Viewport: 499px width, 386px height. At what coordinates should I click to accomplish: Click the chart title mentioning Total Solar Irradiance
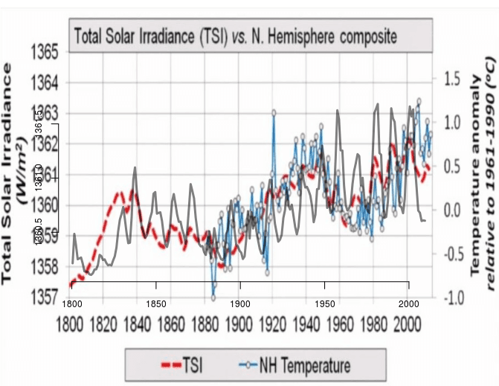click(x=234, y=35)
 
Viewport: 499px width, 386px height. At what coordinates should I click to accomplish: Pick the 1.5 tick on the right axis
click(x=454, y=78)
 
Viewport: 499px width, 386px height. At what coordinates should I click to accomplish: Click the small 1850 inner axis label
click(x=155, y=304)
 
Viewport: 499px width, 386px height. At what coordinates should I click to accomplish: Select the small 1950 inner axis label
click(x=324, y=304)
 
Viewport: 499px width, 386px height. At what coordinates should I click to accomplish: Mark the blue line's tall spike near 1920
click(x=274, y=113)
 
